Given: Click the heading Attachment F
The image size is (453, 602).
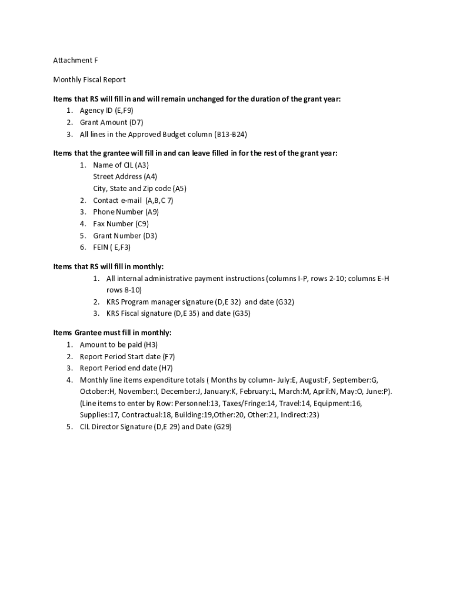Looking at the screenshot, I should (72, 61).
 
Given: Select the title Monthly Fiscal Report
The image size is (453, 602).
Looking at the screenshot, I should (89, 79).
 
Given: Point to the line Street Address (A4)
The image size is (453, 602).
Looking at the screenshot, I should (125, 176).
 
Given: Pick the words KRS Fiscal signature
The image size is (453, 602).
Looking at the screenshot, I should (145, 313).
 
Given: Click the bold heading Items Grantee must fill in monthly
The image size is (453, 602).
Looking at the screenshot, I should (112, 333).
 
